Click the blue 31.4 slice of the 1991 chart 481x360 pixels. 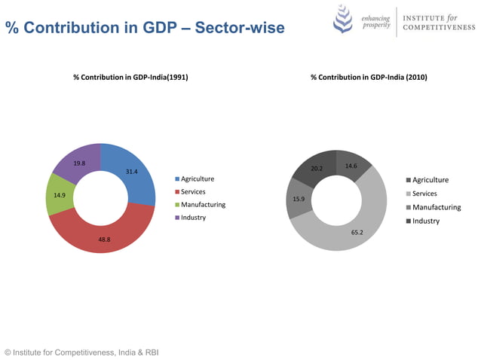tap(133, 173)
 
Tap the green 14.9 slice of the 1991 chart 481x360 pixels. tap(60, 195)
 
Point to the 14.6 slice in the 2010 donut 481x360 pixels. tap(351, 167)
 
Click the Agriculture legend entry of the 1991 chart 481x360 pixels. tap(197, 178)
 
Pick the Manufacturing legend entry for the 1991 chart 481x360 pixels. tap(202, 204)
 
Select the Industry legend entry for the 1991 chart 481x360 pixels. tap(192, 218)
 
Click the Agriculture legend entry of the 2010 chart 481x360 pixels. tap(430, 180)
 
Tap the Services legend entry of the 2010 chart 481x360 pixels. tap(424, 194)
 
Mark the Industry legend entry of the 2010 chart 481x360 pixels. tap(425, 221)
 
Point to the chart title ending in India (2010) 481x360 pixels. tap(369, 77)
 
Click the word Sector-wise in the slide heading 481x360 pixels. tap(240, 29)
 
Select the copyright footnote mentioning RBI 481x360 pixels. tap(81, 352)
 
